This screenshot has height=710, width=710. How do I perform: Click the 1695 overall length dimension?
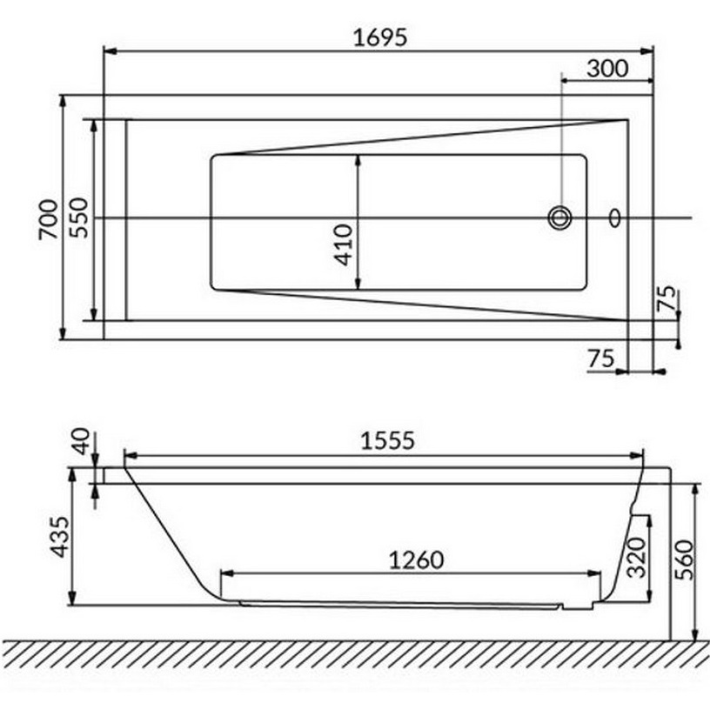pos(380,37)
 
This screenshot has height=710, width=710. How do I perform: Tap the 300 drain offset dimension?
pos(606,68)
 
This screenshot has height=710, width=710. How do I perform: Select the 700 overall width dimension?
pos(49,219)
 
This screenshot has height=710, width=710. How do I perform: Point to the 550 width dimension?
pos(78,219)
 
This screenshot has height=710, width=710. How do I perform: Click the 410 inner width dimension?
pos(343,244)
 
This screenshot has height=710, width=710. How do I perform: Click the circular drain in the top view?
pos(559,217)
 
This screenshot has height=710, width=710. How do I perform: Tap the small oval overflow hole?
pos(615,217)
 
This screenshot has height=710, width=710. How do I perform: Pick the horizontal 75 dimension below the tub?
pos(601,357)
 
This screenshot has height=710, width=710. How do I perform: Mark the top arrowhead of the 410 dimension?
pos(358,159)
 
